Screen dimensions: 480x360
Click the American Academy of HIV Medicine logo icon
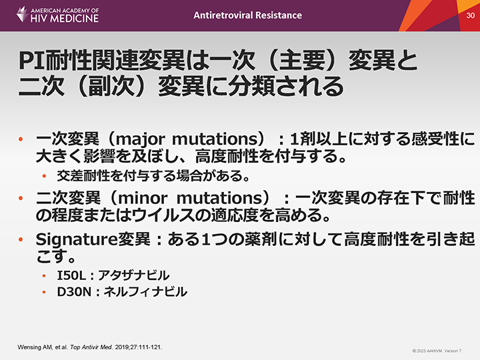(x=22, y=14)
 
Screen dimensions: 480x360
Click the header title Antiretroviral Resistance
(x=247, y=15)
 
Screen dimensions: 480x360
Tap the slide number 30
(x=470, y=15)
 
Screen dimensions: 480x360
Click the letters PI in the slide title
(x=31, y=61)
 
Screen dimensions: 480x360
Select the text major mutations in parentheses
(x=187, y=139)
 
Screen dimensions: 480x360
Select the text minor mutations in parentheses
(x=190, y=198)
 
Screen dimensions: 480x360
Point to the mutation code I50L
(x=71, y=275)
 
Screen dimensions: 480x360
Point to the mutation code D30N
(x=74, y=292)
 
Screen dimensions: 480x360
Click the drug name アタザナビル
(x=133, y=275)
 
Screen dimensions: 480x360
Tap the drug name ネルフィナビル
(x=145, y=292)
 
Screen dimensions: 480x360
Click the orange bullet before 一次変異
(x=21, y=139)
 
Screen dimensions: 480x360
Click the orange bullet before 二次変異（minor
(x=21, y=198)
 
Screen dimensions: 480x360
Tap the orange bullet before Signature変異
(x=21, y=239)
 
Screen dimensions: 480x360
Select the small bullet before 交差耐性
(x=44, y=176)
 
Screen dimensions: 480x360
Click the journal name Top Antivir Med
(x=91, y=347)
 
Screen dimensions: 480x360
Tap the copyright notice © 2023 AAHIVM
(x=427, y=351)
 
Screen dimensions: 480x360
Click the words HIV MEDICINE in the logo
(x=65, y=19)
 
